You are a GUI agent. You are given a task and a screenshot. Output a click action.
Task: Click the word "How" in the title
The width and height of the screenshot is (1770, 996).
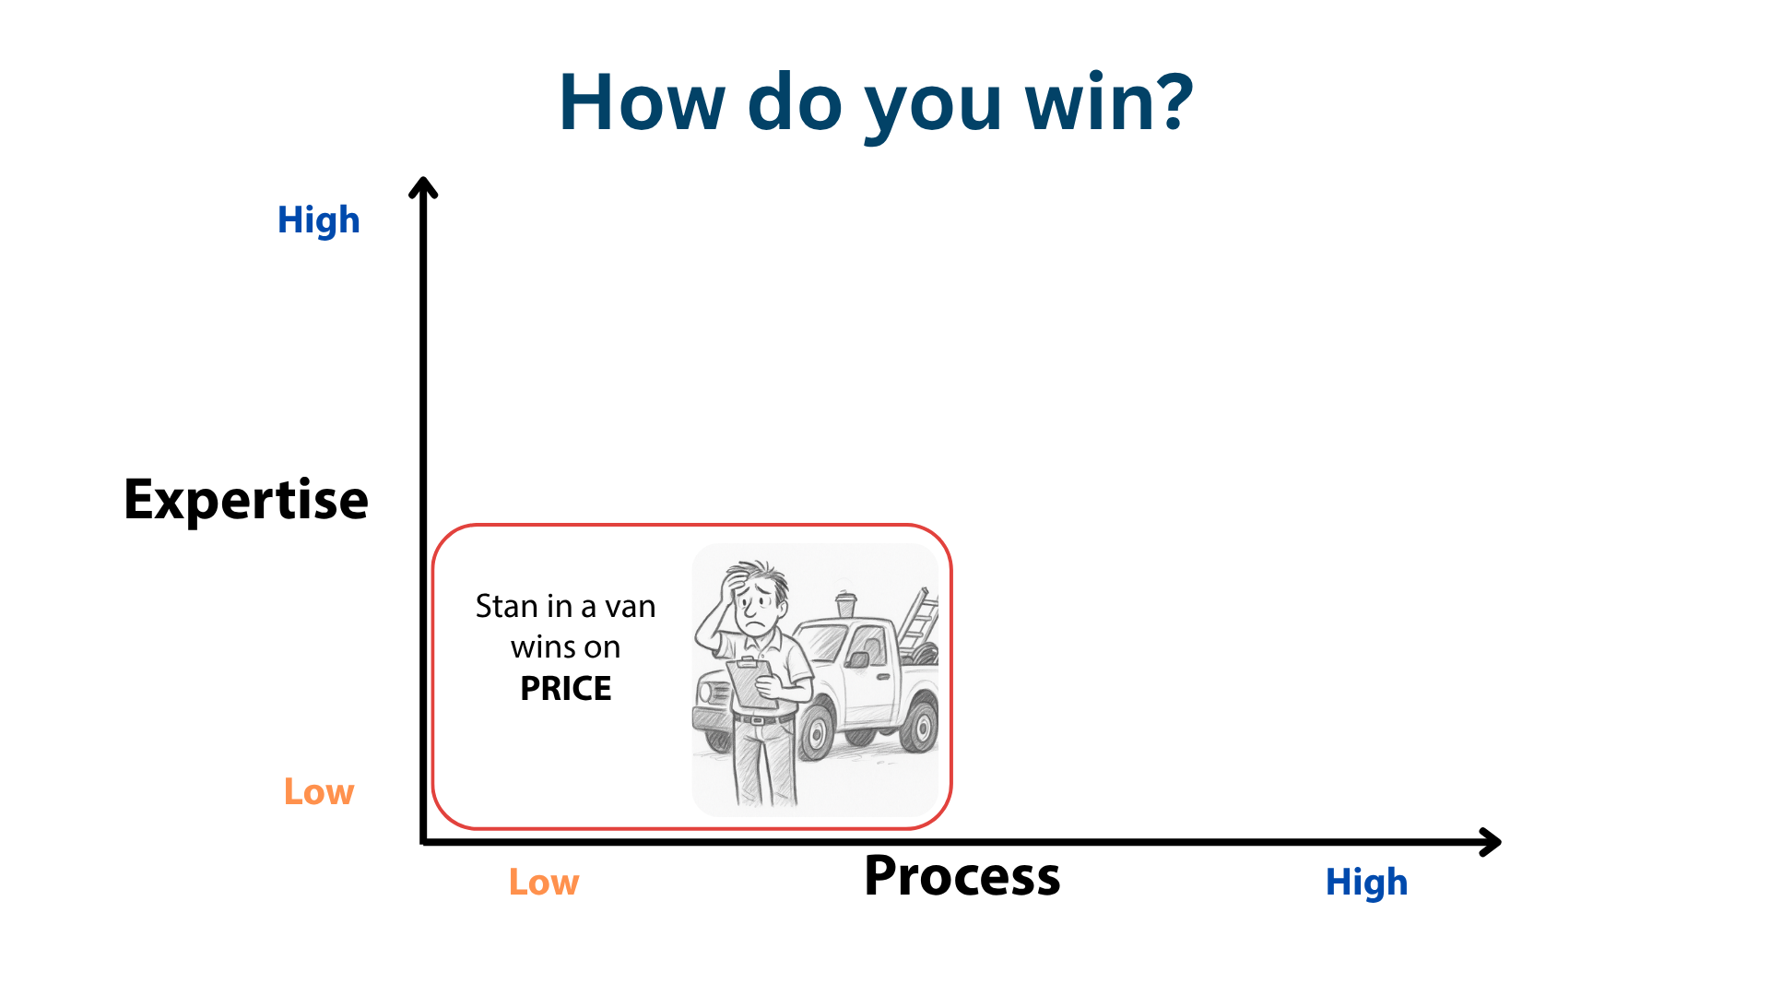(x=642, y=101)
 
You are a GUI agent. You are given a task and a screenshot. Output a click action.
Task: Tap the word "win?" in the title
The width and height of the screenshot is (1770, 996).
(x=1110, y=101)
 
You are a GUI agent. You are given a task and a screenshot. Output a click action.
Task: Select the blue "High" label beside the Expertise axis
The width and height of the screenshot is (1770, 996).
(x=319, y=220)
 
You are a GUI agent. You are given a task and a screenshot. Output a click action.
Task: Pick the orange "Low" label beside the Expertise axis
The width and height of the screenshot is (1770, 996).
(x=319, y=791)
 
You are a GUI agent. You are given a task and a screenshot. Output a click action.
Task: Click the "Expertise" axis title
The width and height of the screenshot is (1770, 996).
(x=246, y=500)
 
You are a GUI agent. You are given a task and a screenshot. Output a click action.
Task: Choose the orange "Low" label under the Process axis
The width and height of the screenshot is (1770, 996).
(x=544, y=883)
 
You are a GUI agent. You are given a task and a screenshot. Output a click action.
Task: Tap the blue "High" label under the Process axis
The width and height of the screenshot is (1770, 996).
(x=1367, y=883)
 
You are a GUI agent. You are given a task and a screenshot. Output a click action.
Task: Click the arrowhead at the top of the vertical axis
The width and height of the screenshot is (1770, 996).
(x=423, y=186)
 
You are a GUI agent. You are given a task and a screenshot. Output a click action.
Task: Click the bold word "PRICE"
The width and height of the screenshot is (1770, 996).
(x=566, y=689)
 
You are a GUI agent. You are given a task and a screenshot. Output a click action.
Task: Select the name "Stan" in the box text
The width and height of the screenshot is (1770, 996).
(x=506, y=606)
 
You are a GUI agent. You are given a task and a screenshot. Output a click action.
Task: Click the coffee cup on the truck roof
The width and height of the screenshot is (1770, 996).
(x=845, y=605)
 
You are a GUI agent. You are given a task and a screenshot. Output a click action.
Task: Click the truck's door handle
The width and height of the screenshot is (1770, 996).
(x=883, y=678)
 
